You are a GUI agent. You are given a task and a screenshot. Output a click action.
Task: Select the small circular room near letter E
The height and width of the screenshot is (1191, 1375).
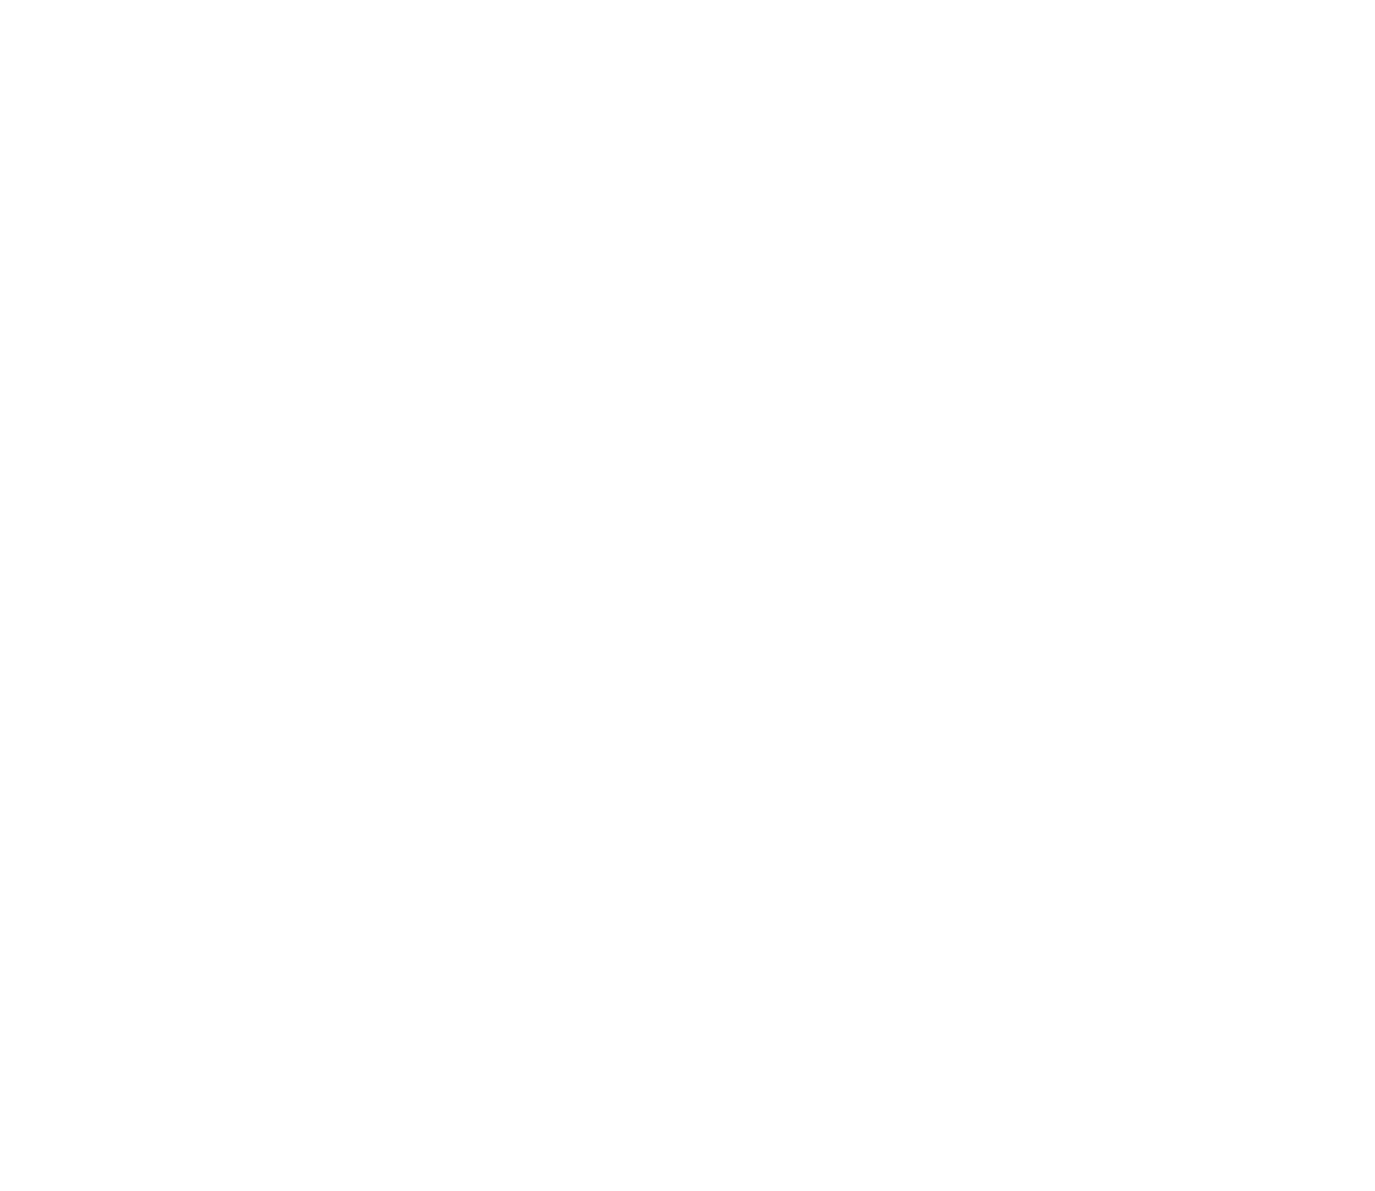[1209, 510]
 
